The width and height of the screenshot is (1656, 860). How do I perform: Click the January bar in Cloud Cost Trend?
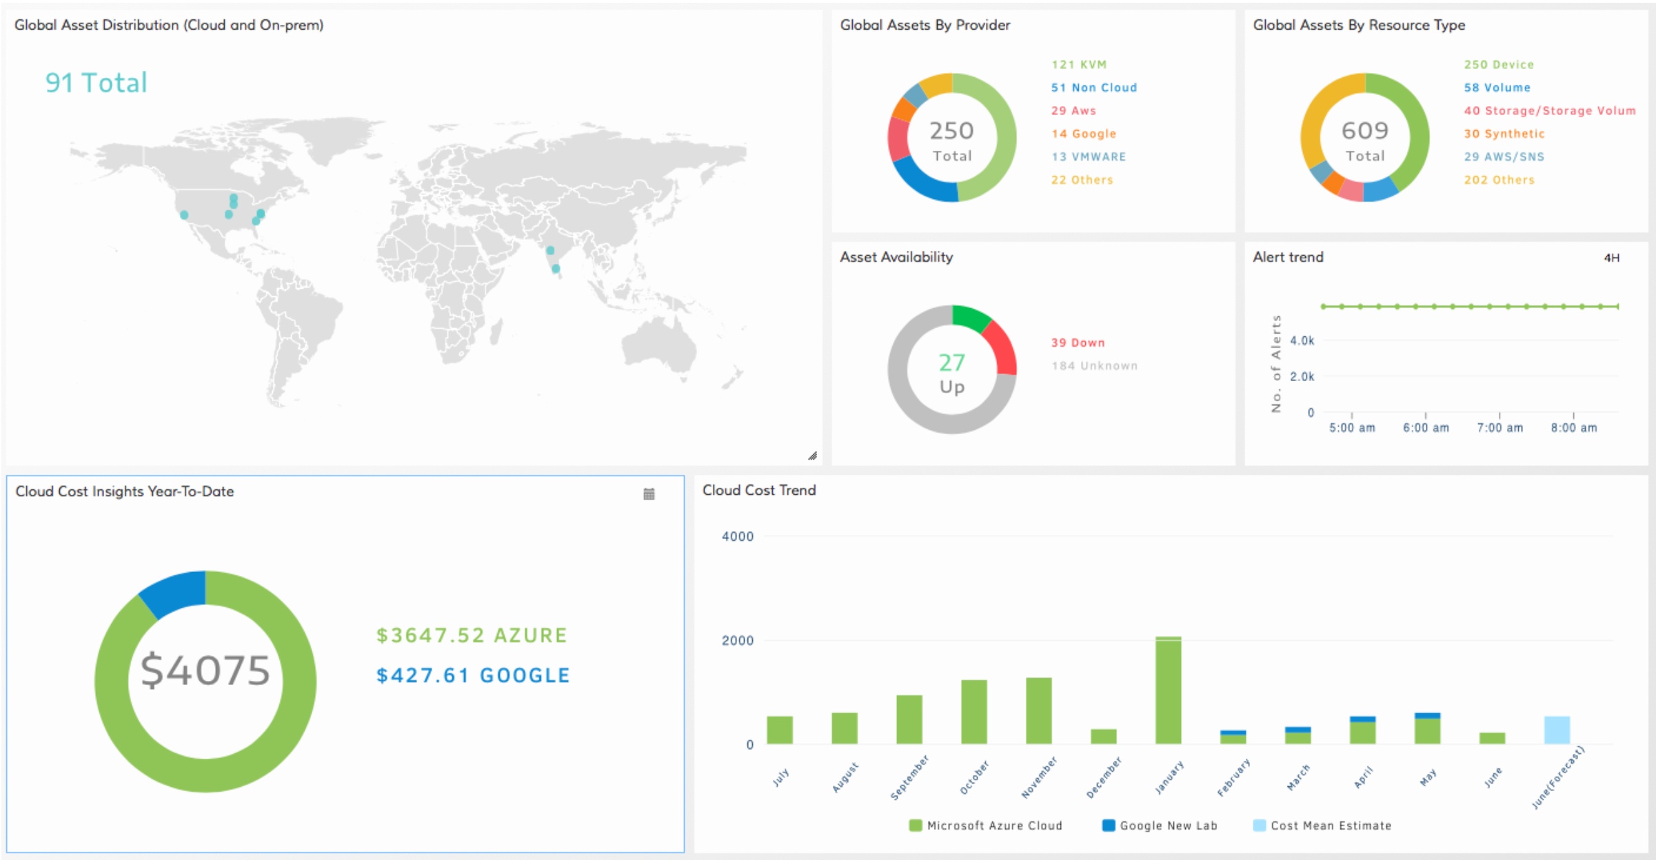click(x=1168, y=690)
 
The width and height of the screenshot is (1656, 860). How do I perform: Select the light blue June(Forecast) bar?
click(x=1557, y=730)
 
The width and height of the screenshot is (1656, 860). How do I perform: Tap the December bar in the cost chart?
click(x=1103, y=737)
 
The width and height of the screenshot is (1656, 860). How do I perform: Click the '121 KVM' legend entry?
click(x=1078, y=65)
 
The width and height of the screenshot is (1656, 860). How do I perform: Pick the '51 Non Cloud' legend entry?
click(x=1093, y=88)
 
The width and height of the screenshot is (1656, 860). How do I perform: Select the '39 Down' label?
click(x=1078, y=342)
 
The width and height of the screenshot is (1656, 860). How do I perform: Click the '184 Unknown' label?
click(x=1094, y=366)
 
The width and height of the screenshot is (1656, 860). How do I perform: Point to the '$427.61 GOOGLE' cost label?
click(x=473, y=675)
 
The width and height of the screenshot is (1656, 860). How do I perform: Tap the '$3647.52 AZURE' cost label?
click(x=472, y=635)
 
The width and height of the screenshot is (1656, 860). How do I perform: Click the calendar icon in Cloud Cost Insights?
click(x=649, y=494)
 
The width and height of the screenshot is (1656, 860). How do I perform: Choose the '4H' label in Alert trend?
click(x=1611, y=258)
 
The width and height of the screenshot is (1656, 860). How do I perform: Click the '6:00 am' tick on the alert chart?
click(x=1426, y=428)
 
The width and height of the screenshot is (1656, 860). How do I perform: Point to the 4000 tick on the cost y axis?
click(x=737, y=537)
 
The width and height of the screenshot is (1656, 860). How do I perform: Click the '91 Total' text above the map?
click(x=97, y=83)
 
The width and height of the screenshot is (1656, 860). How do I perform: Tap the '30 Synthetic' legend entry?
click(x=1504, y=134)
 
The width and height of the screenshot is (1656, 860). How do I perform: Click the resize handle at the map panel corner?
click(x=812, y=455)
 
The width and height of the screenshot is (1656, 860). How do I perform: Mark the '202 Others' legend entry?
click(x=1499, y=180)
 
